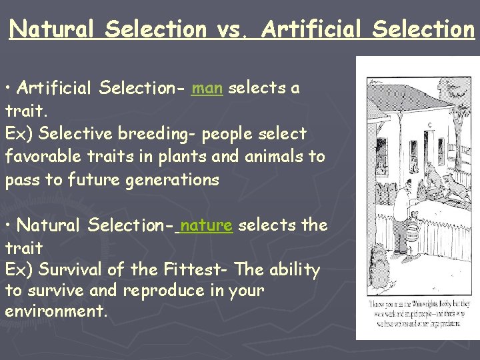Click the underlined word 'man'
[x=207, y=88]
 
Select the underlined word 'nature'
[x=206, y=225]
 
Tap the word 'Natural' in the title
[x=54, y=29]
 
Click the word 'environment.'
[x=56, y=311]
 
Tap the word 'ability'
[x=295, y=270]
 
